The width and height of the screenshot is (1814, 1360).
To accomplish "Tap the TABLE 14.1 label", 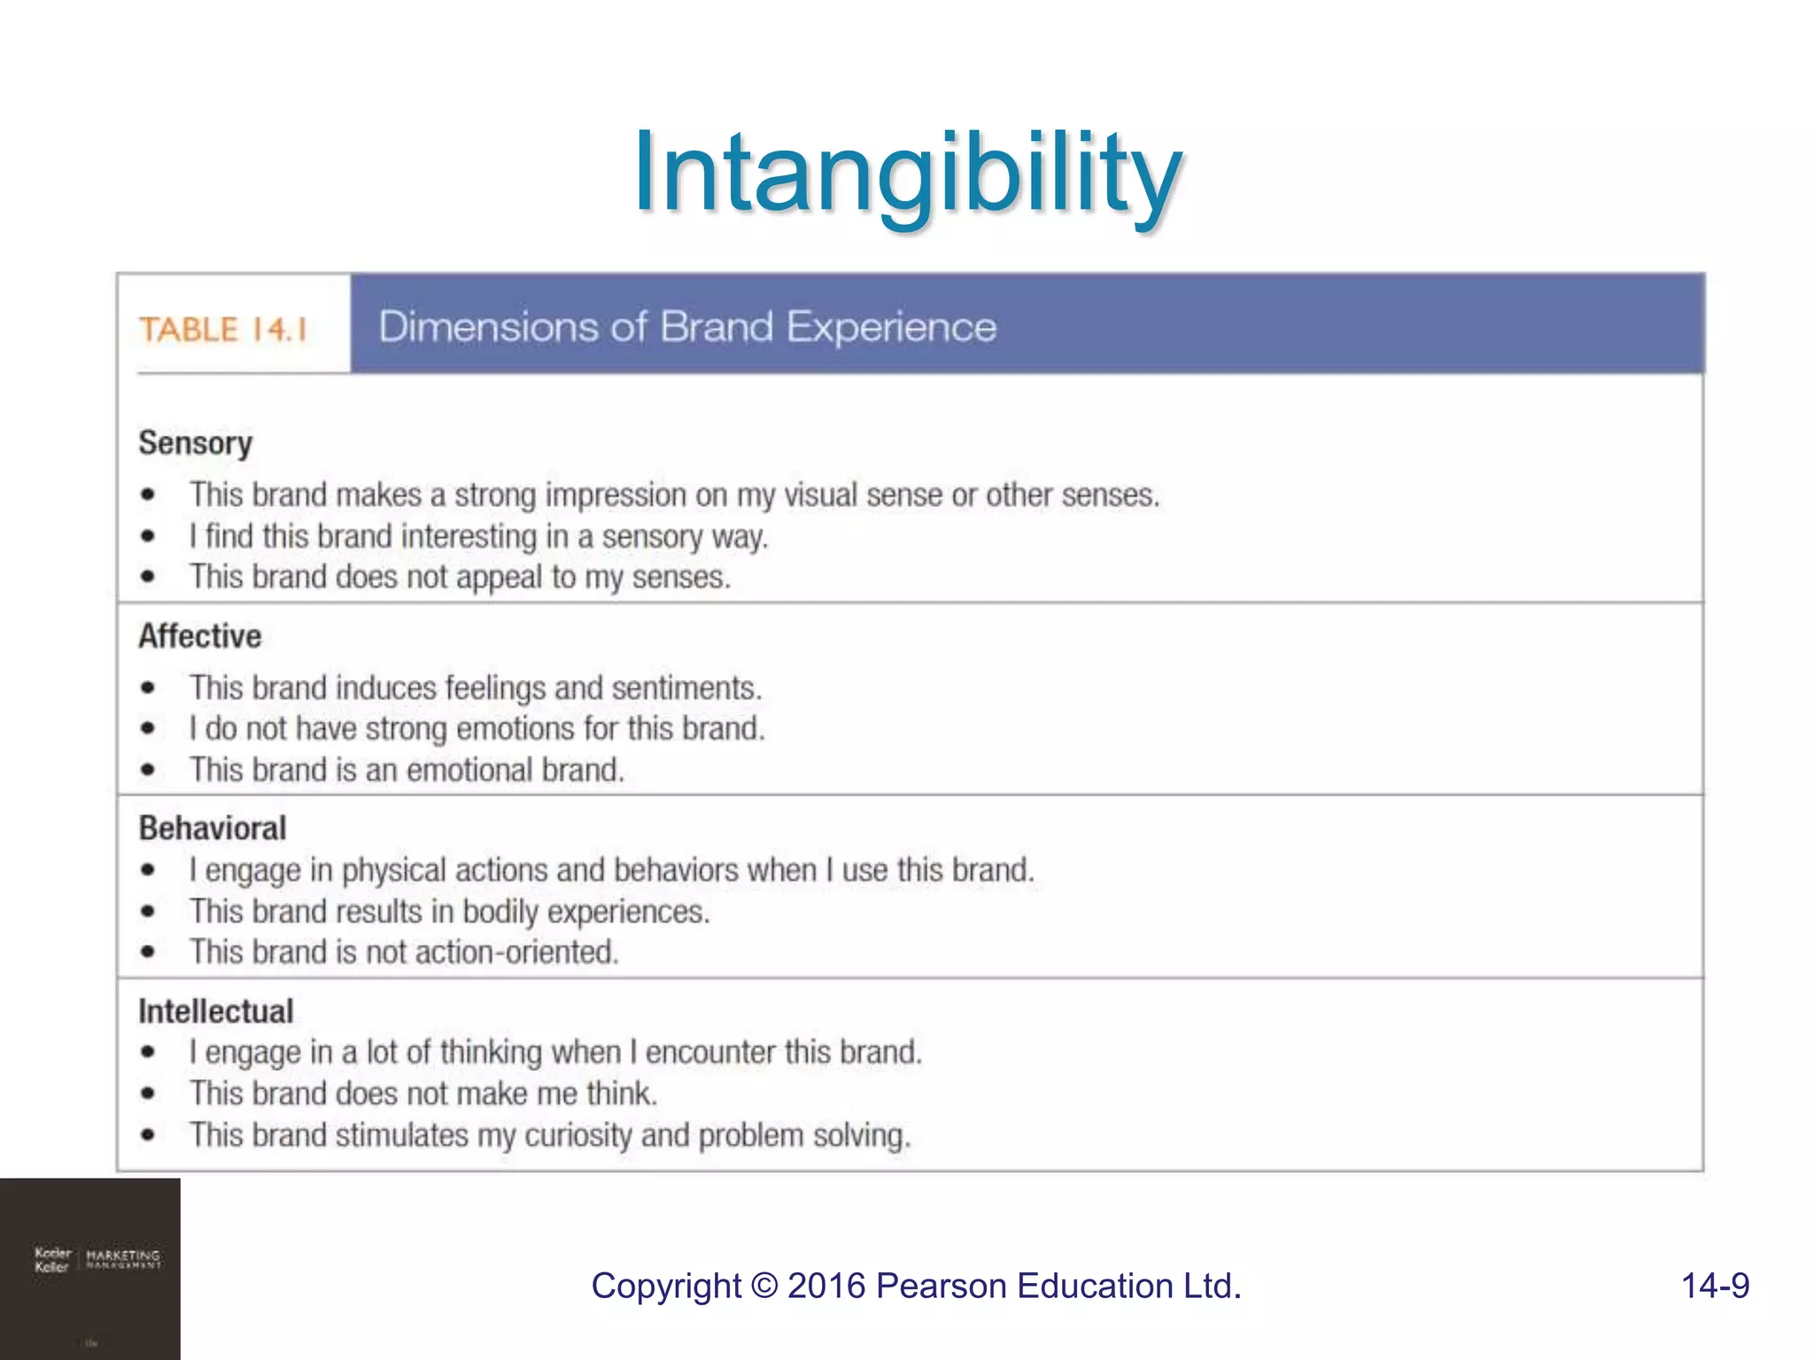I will [222, 329].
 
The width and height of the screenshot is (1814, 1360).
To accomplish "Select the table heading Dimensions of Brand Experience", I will [687, 327].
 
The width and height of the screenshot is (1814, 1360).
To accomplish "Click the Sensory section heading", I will [195, 443].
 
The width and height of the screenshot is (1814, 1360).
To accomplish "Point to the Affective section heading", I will [199, 636].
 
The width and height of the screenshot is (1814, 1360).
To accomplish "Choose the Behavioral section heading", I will [212, 828].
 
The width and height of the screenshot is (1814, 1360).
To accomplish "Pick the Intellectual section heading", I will [215, 1011].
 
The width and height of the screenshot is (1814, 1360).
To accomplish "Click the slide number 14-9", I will [1715, 1286].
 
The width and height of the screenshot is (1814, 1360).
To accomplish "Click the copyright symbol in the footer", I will [764, 1286].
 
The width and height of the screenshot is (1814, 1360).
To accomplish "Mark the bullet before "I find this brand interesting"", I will [148, 537].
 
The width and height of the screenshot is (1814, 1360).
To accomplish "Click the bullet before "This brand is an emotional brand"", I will [148, 770].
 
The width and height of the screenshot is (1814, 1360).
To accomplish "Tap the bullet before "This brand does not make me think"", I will [148, 1094].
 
